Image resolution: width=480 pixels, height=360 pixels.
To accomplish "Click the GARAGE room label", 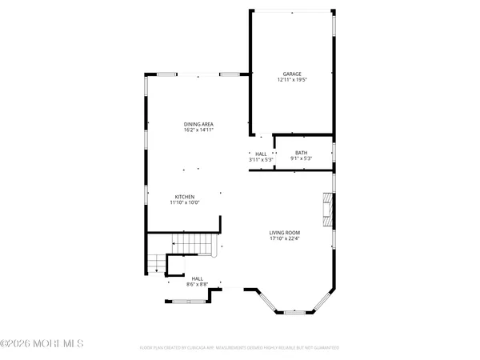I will click(x=290, y=73).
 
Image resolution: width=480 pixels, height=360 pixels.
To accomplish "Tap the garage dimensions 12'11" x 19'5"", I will click(x=290, y=79).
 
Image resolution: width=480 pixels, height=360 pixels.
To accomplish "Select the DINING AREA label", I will click(x=198, y=124).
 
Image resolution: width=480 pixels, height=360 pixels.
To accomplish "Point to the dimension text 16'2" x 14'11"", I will click(x=198, y=130).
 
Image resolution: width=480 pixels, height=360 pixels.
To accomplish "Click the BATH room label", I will click(x=301, y=153).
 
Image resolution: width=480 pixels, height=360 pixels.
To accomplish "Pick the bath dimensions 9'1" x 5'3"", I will click(x=301, y=159).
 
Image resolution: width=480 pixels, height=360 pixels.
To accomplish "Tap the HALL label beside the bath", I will click(x=261, y=154).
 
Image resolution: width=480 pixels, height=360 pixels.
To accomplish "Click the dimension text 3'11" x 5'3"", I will click(x=261, y=160).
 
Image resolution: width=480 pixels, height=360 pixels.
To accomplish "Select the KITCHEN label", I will click(x=184, y=197).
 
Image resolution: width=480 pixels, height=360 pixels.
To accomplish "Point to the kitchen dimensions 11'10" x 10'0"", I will click(x=184, y=203).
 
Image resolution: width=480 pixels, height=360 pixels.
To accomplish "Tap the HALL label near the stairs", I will click(x=197, y=278).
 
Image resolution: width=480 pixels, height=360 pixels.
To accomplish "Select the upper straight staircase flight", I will click(x=195, y=242).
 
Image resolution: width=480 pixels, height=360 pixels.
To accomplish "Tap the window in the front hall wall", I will click(x=186, y=301).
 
